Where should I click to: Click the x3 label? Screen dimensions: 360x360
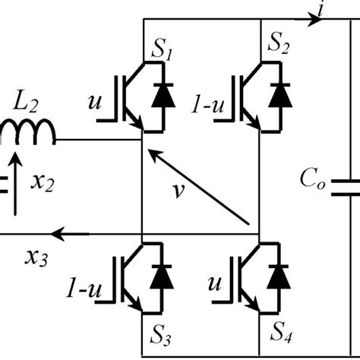coord(33,257)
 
